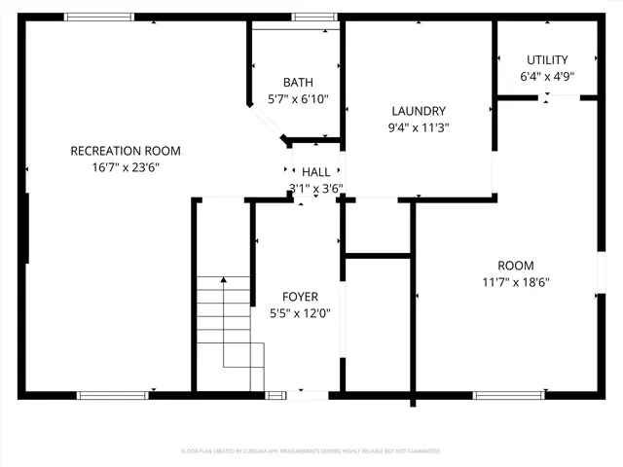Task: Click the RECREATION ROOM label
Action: [126, 151]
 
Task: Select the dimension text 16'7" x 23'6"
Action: [126, 167]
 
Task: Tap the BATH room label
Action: [298, 82]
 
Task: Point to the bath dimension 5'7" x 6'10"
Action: [298, 98]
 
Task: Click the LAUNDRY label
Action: [419, 111]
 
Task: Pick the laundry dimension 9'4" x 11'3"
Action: [419, 127]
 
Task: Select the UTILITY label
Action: [547, 59]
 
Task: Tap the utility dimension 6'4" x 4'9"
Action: [547, 76]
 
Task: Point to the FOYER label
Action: [300, 297]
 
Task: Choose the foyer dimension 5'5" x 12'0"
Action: [300, 313]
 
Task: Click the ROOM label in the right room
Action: [516, 266]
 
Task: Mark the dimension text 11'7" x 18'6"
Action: [516, 282]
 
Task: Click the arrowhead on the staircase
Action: [224, 280]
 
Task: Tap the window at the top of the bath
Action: [315, 17]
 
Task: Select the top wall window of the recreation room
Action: [98, 17]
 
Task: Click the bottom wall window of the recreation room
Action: [113, 395]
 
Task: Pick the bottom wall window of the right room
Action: [508, 395]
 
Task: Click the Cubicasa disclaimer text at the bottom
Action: [311, 451]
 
